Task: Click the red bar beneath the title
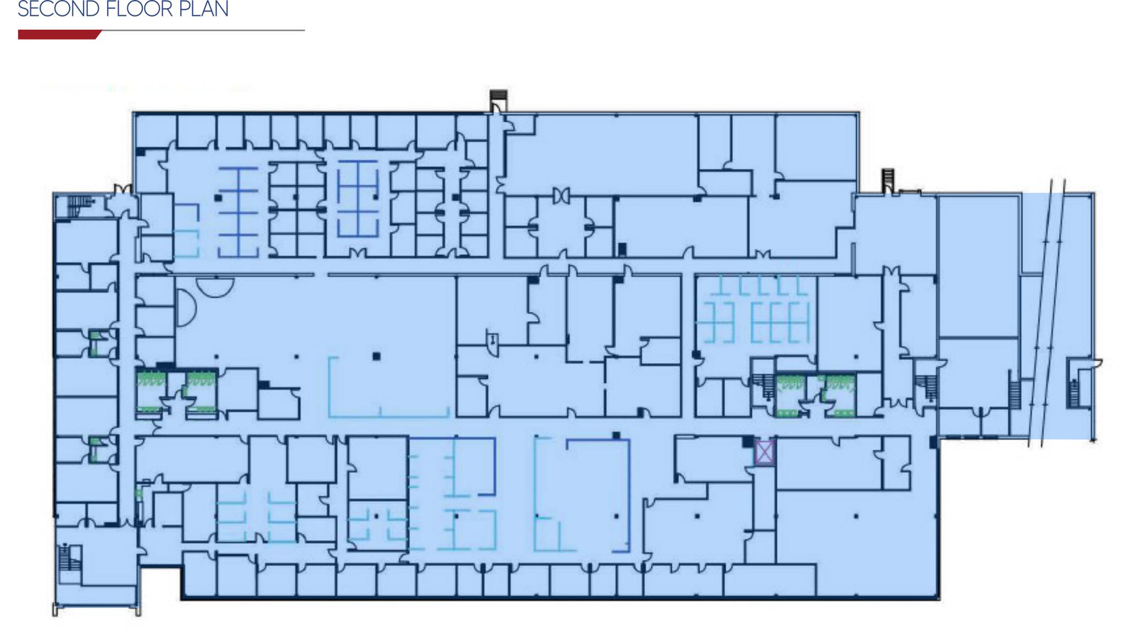point(58,35)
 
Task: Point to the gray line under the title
point(203,31)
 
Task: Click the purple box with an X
point(764,452)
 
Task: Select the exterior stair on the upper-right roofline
point(888,181)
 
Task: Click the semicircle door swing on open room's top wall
point(215,286)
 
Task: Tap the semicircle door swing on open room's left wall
point(185,306)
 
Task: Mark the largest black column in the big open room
point(376,356)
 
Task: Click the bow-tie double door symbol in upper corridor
point(561,195)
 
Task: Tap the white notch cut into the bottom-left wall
point(160,583)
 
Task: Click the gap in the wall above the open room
point(321,275)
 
